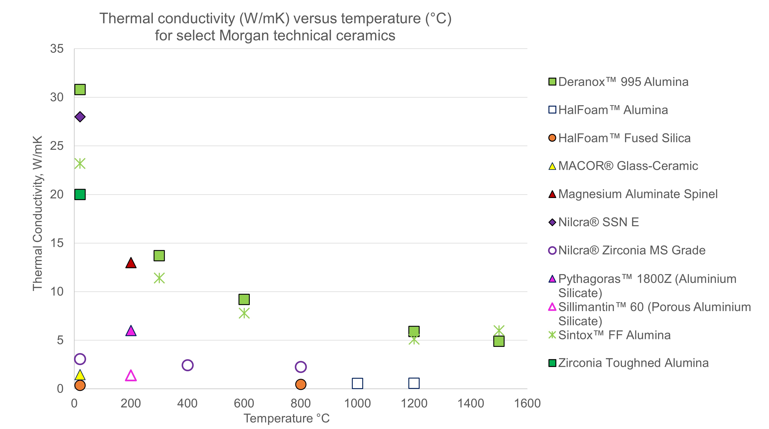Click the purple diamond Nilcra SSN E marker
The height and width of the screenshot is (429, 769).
click(x=80, y=117)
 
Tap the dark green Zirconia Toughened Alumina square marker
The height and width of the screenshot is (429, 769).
click(x=80, y=194)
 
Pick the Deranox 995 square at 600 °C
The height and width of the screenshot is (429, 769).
click(x=244, y=299)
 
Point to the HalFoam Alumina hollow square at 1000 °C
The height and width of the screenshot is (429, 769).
click(x=357, y=383)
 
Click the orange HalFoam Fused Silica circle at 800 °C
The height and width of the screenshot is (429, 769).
click(x=301, y=384)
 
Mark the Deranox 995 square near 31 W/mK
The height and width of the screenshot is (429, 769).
click(x=80, y=89)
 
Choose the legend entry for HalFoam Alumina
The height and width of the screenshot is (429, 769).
click(x=613, y=110)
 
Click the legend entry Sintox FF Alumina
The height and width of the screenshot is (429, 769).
click(x=614, y=335)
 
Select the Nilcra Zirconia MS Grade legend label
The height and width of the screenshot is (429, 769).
click(x=631, y=250)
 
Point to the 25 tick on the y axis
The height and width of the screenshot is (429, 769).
click(x=57, y=146)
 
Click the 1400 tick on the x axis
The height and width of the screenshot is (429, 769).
click(x=470, y=403)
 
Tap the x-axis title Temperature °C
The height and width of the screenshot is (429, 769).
click(x=287, y=418)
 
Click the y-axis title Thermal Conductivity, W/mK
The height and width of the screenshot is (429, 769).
click(x=38, y=213)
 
